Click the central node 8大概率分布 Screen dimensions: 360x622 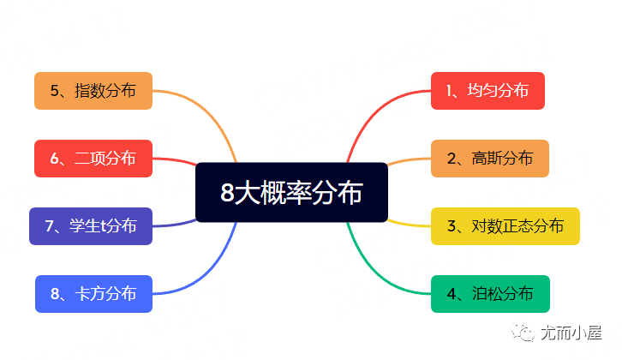tap(291, 192)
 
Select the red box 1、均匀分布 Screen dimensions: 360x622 tap(487, 90)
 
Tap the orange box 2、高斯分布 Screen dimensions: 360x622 tap(489, 158)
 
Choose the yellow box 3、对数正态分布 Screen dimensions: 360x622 tap(505, 225)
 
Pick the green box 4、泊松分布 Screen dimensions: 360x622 tap(489, 294)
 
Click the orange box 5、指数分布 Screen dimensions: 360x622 tap(93, 90)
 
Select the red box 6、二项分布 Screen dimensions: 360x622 tap(93, 158)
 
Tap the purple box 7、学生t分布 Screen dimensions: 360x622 tap(91, 225)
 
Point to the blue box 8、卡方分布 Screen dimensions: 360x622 tap(93, 294)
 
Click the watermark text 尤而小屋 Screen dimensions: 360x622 tap(571, 333)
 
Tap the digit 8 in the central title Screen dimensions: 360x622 tap(227, 193)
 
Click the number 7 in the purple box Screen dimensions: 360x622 tap(51, 226)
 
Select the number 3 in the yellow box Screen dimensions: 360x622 tap(452, 226)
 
